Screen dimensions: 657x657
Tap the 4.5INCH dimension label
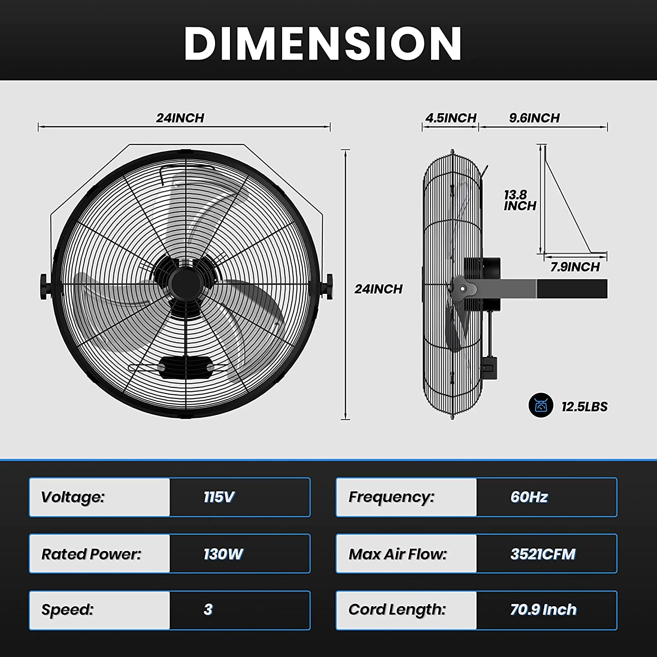click(451, 118)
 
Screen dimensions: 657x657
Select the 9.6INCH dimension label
click(534, 118)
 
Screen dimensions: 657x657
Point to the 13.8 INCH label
click(519, 201)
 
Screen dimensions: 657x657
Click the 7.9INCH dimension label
click(575, 267)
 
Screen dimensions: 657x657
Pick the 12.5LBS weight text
click(584, 407)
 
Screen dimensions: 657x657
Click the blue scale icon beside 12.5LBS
click(541, 405)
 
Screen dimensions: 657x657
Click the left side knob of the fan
click(44, 287)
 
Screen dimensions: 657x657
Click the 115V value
click(219, 497)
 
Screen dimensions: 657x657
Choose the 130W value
click(223, 554)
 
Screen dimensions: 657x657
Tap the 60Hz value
click(529, 497)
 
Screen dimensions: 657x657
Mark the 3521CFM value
click(543, 554)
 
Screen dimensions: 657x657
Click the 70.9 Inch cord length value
click(543, 610)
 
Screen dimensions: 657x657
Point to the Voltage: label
click(73, 497)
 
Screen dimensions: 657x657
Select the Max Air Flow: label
click(398, 554)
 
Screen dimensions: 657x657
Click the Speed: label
click(67, 610)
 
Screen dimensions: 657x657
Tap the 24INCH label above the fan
click(180, 118)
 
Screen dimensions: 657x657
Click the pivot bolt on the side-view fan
click(463, 289)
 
